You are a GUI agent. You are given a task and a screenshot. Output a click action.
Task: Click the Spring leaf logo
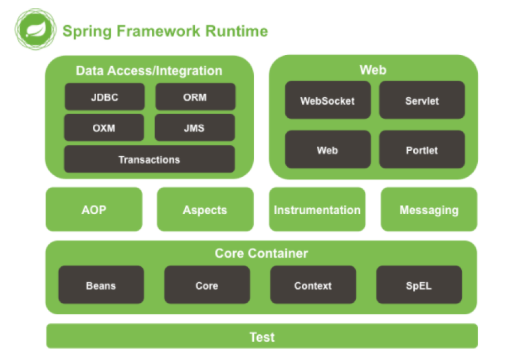(x=36, y=29)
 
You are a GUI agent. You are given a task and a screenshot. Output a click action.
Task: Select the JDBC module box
(x=105, y=97)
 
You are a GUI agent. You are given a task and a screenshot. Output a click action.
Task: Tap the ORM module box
(x=195, y=97)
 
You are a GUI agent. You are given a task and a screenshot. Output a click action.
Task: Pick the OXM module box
(x=104, y=128)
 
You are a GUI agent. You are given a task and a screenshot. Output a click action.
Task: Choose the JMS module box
(x=195, y=128)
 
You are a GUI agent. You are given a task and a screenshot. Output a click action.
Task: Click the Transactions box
(x=150, y=159)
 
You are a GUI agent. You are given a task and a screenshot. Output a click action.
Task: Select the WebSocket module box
(x=328, y=100)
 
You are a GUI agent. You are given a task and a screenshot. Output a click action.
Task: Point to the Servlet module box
(x=422, y=100)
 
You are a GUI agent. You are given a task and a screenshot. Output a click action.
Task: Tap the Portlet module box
(x=422, y=149)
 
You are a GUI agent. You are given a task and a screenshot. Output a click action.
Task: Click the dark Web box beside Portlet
(x=328, y=149)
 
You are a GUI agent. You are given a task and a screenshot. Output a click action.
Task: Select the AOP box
(x=94, y=209)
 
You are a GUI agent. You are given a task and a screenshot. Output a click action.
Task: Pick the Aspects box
(x=205, y=209)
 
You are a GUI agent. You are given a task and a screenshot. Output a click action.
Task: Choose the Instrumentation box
(x=317, y=209)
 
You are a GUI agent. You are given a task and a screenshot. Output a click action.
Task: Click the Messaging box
(x=429, y=209)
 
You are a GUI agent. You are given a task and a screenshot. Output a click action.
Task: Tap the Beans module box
(x=101, y=284)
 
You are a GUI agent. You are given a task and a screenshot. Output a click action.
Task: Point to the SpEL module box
(x=419, y=284)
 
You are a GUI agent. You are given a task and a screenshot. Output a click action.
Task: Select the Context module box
(x=313, y=284)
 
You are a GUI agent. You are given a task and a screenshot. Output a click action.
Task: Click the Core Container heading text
(x=261, y=254)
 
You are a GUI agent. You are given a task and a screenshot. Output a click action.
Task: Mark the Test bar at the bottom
(x=262, y=336)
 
